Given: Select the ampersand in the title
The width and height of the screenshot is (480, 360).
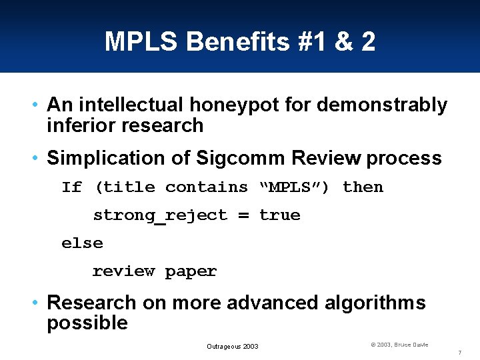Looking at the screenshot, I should (344, 42).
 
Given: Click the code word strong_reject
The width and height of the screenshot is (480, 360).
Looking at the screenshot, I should (160, 215).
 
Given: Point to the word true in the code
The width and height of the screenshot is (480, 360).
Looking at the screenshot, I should (279, 215).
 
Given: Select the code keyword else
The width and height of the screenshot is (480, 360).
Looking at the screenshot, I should (82, 243).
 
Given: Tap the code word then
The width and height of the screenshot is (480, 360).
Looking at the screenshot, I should (363, 187).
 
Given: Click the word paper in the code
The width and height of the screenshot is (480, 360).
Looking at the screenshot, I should (191, 271).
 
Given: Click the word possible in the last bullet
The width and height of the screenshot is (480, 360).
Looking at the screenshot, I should (87, 323).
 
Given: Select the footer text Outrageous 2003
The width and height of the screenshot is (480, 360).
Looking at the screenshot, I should (232, 346).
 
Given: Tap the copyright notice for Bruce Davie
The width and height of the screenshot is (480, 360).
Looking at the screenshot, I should (399, 345).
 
